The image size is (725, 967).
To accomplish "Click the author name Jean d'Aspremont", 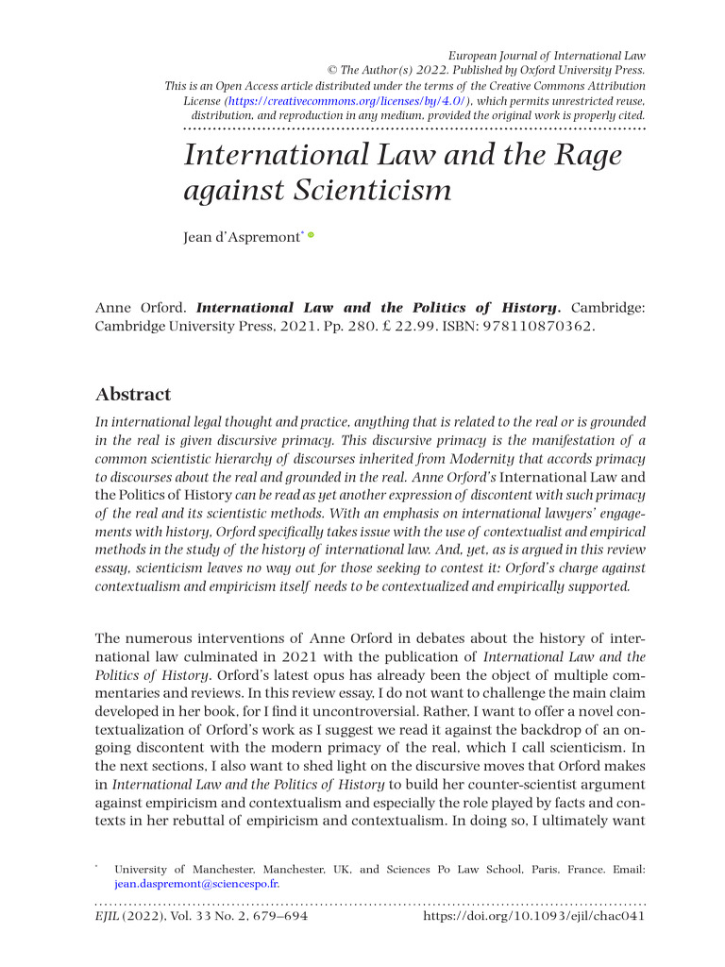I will pyautogui.click(x=241, y=237).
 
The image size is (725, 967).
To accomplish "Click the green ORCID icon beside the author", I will pyautogui.click(x=310, y=234).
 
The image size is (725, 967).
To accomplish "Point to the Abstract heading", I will pyautogui.click(x=133, y=394).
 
